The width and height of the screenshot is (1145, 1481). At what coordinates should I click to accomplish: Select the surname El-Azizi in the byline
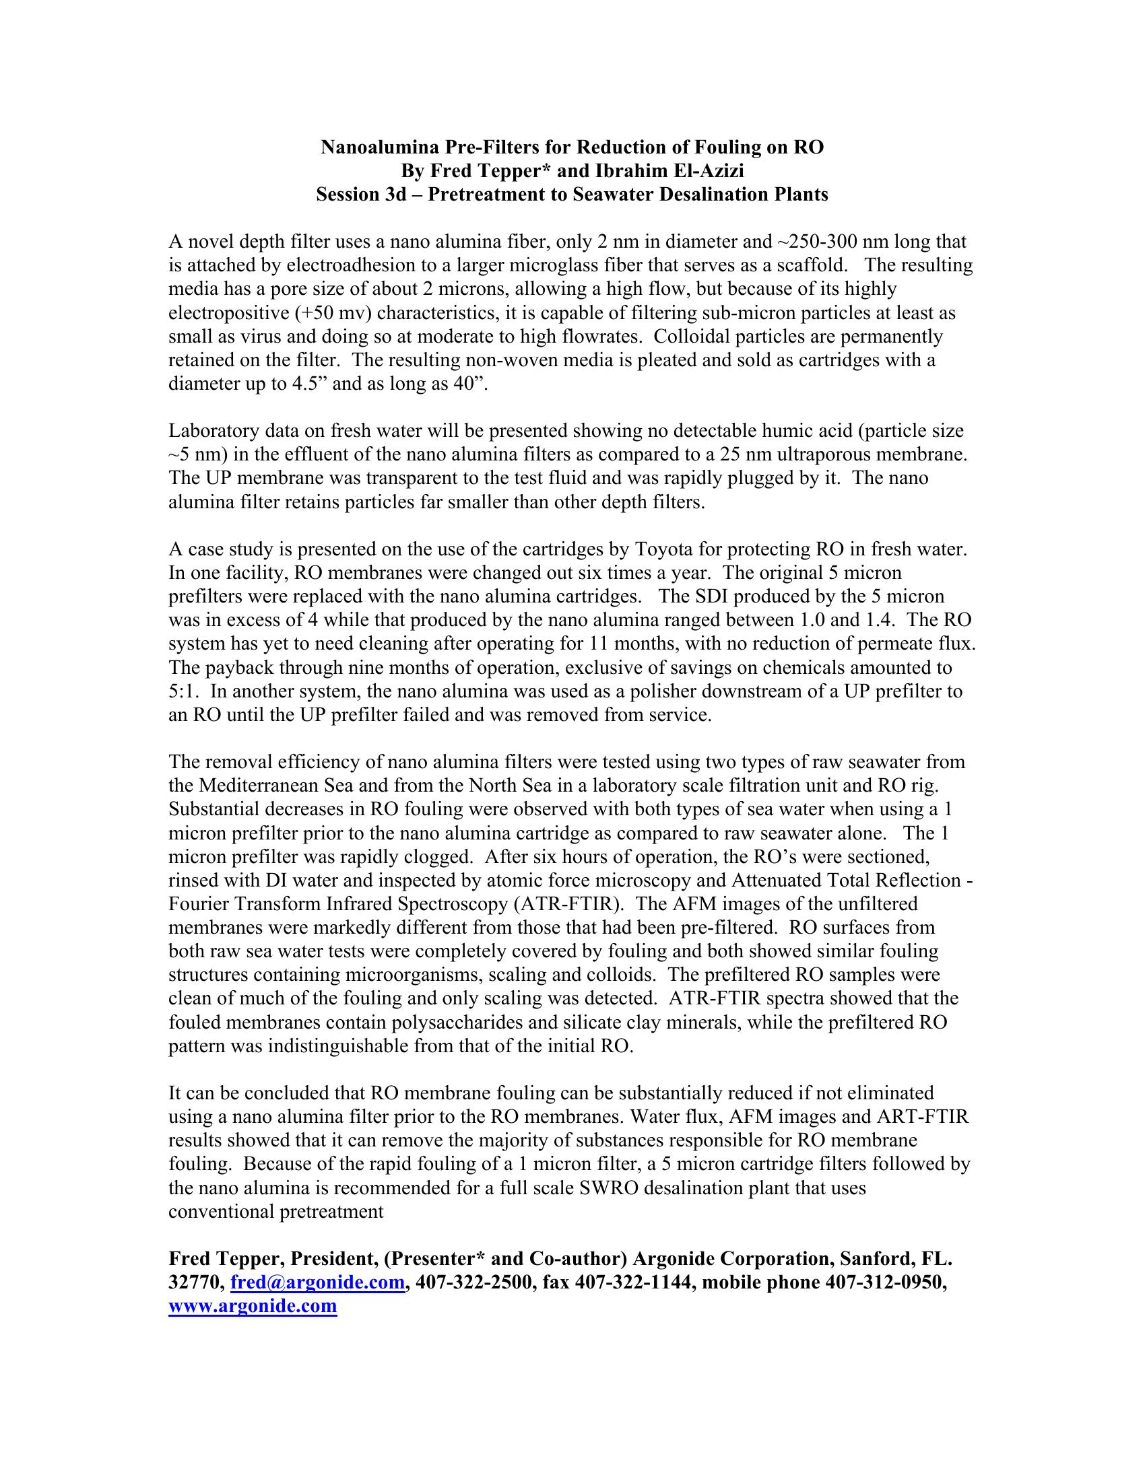click(x=707, y=171)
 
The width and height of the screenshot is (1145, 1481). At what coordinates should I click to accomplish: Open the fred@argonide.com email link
click(x=317, y=1282)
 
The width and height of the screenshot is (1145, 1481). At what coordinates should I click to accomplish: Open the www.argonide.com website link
click(x=253, y=1306)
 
